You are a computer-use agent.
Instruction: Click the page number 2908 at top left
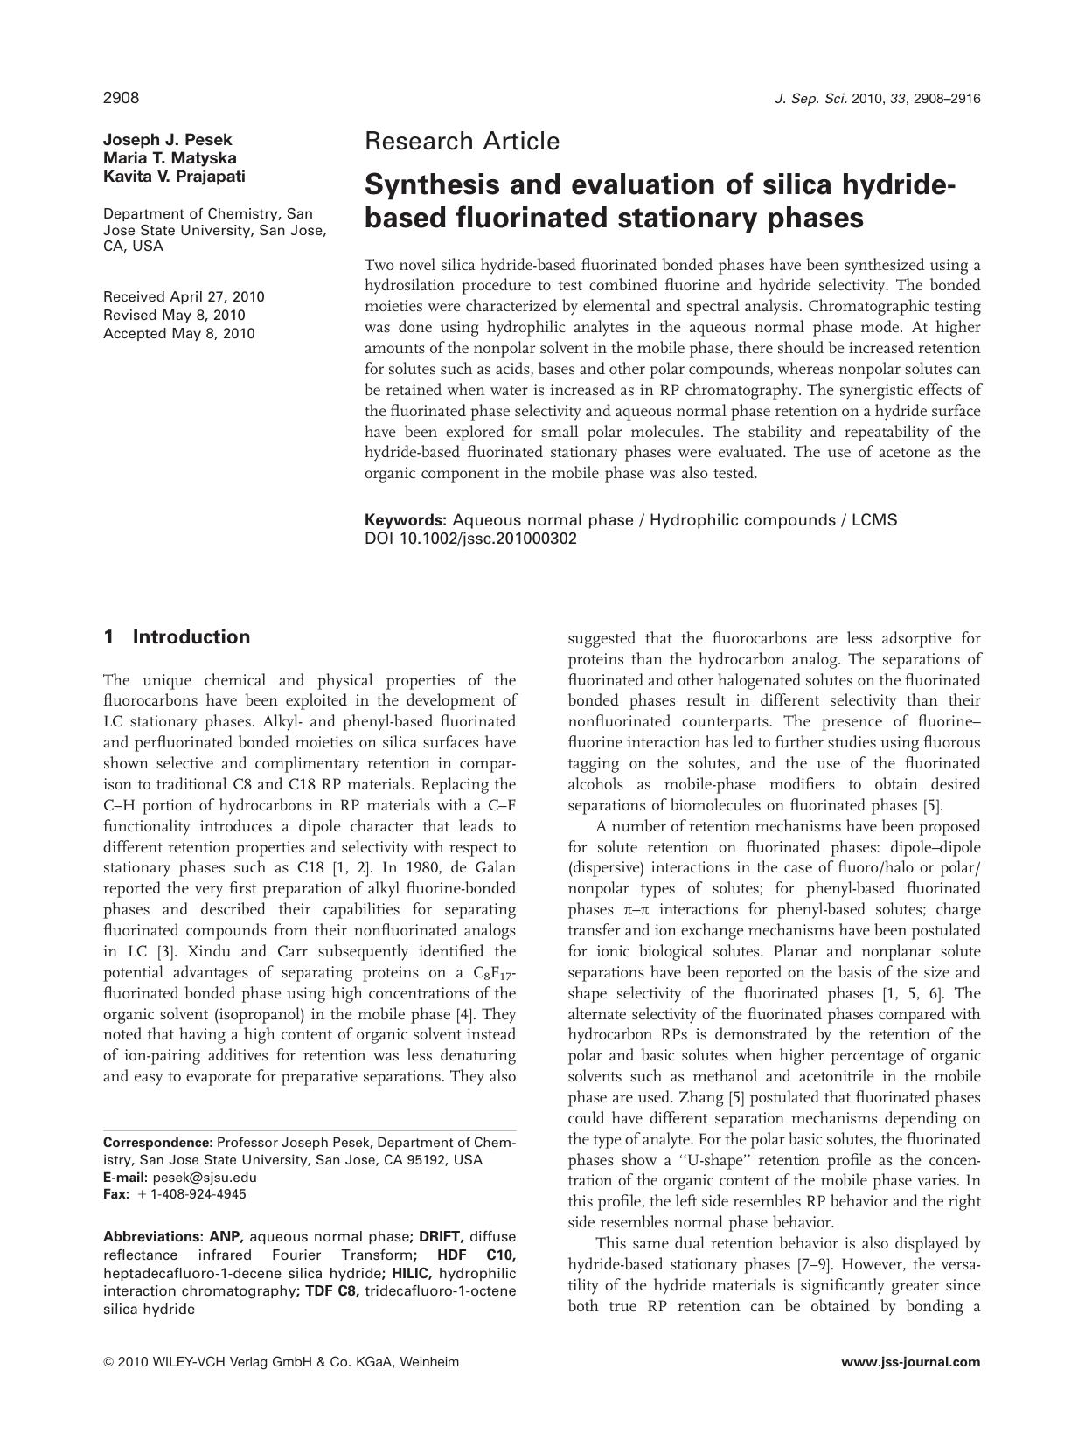click(x=121, y=98)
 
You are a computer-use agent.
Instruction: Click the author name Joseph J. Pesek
click(x=168, y=140)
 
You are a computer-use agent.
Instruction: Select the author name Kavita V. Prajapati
click(x=174, y=177)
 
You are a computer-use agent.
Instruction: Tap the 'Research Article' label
click(x=462, y=141)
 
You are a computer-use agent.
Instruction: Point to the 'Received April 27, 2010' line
click(x=184, y=297)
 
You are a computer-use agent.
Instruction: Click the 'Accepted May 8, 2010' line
click(x=179, y=334)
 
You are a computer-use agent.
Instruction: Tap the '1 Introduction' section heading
click(x=177, y=637)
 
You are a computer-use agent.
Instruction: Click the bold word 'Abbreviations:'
click(x=153, y=1237)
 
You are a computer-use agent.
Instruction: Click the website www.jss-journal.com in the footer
click(x=910, y=1362)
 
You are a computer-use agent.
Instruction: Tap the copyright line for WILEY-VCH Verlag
click(x=281, y=1362)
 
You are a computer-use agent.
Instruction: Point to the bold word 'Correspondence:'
click(x=157, y=1143)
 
